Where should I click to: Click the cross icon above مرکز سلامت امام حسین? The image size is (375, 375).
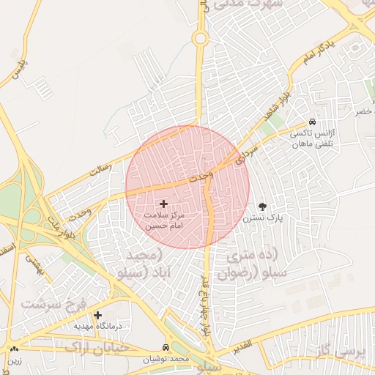[x=163, y=204]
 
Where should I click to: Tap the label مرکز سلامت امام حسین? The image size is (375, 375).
[x=164, y=222]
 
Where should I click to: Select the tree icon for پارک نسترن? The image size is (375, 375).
[x=263, y=207]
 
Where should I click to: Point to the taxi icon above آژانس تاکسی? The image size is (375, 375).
[x=312, y=122]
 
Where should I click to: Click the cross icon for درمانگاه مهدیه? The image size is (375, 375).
[x=97, y=313]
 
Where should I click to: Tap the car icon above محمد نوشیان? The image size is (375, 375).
[x=166, y=347]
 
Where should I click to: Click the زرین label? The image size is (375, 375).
[x=15, y=360]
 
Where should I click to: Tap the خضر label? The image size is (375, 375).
[x=364, y=112]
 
